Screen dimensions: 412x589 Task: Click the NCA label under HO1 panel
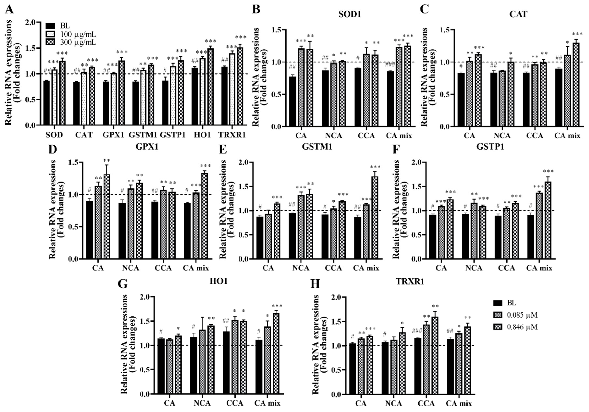[x=202, y=403]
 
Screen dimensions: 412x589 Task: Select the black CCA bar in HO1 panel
[x=226, y=363]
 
